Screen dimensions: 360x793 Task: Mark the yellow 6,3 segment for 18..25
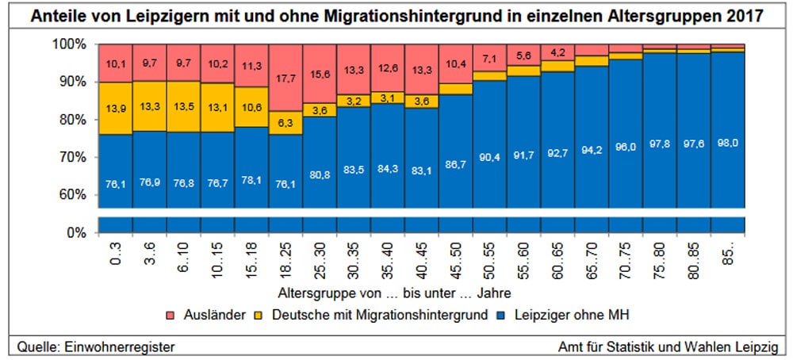[285, 123]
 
